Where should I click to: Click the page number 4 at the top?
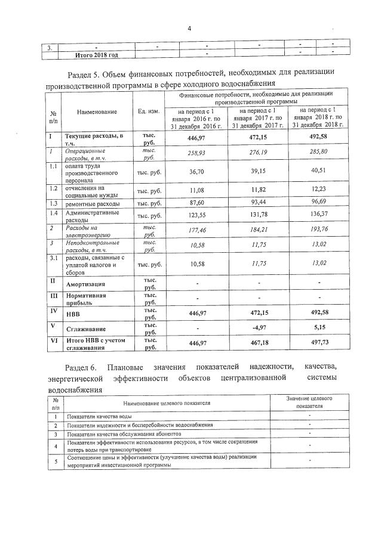(189, 28)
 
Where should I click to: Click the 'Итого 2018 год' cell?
(96, 55)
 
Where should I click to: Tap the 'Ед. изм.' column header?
(148, 111)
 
